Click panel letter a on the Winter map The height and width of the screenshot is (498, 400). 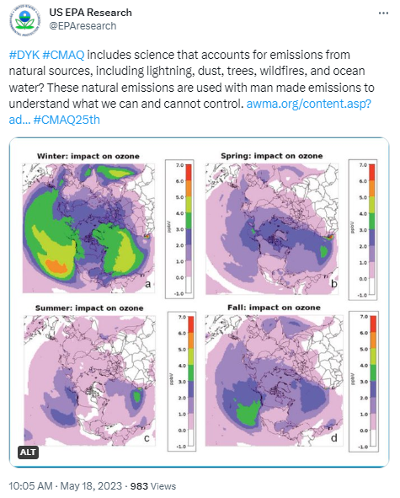click(x=148, y=285)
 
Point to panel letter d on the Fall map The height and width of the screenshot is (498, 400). click(x=335, y=440)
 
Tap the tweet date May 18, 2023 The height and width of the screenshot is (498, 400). click(x=96, y=486)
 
